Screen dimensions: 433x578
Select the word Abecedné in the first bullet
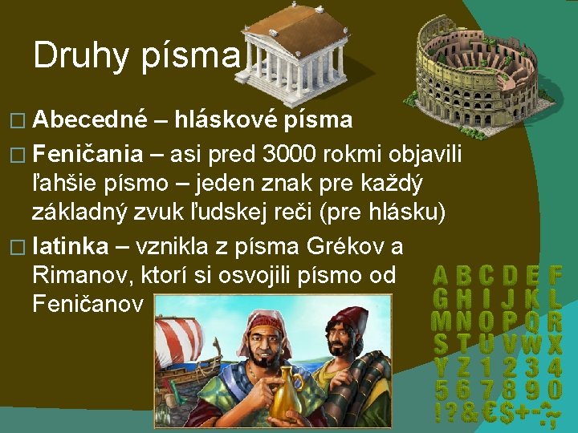tap(90, 120)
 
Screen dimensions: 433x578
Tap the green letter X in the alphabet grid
tap(555, 345)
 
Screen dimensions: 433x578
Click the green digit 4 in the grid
tap(555, 368)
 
